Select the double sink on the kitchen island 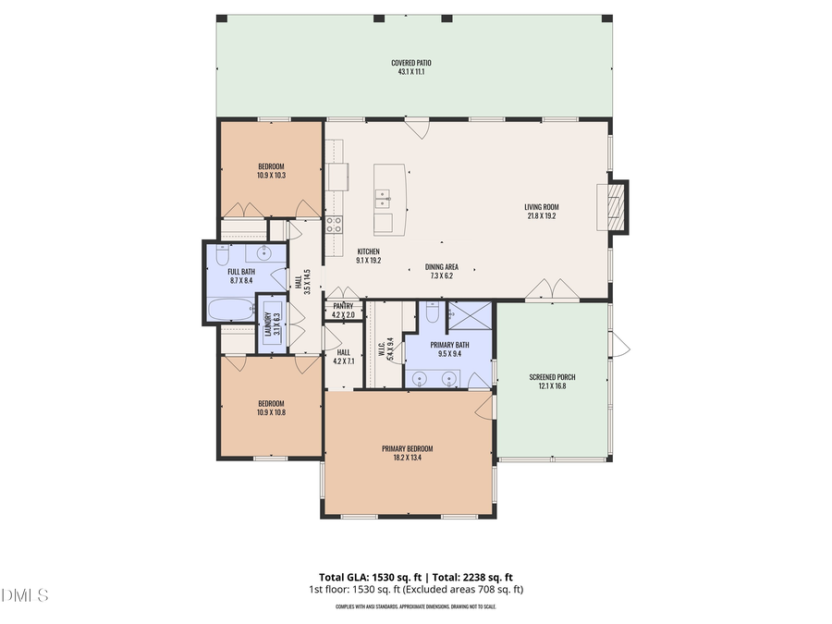click(x=382, y=198)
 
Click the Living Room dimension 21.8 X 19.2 click(x=542, y=217)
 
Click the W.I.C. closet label click(x=381, y=349)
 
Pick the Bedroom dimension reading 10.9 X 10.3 click(x=271, y=175)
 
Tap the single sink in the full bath click(x=263, y=252)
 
